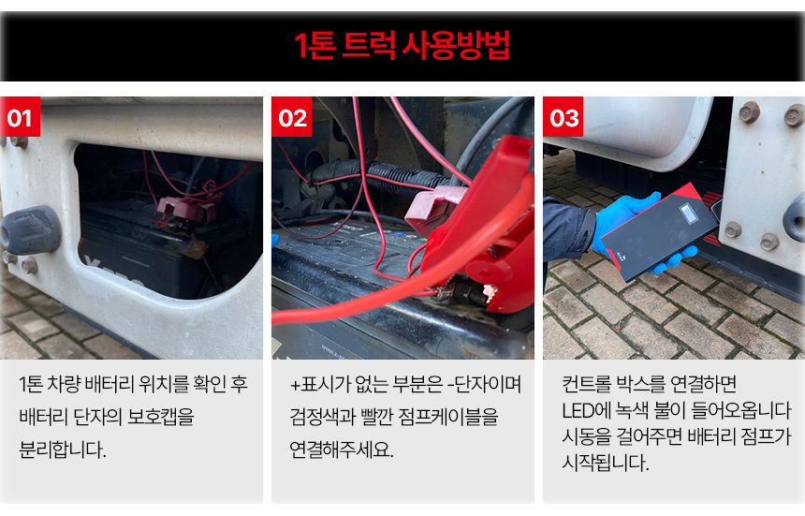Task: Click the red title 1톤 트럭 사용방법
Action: pos(402,46)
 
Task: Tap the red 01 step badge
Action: pos(20,117)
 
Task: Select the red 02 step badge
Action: pos(292,117)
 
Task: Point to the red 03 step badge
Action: pos(563,117)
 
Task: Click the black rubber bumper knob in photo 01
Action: pos(31,229)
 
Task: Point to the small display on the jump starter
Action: pos(688,214)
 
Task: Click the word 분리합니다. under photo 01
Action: pos(63,450)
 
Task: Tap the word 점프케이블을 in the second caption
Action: pos(448,417)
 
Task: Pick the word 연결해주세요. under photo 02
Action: pos(342,450)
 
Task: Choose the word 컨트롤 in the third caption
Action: pos(585,384)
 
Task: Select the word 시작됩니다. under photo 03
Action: pos(606,463)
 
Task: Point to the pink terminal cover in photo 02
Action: pos(431,208)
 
